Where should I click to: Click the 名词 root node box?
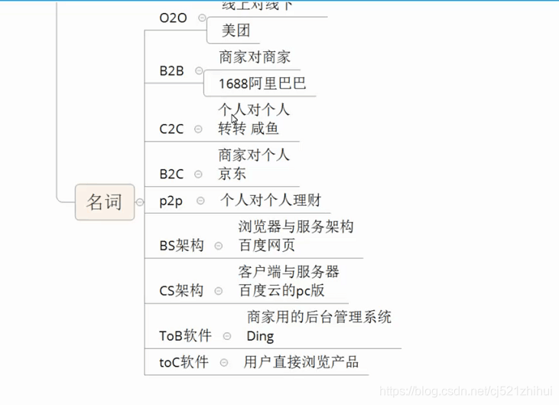(x=105, y=202)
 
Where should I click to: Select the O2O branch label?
(x=173, y=18)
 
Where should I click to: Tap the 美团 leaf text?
(x=236, y=31)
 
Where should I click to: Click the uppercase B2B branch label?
(x=172, y=71)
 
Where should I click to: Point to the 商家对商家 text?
(x=255, y=57)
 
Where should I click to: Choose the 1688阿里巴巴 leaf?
(x=262, y=83)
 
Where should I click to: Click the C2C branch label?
(x=172, y=129)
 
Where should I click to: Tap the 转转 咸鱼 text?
(x=249, y=129)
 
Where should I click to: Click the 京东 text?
(x=232, y=174)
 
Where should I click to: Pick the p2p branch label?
(x=171, y=201)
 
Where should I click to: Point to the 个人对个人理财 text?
(x=271, y=201)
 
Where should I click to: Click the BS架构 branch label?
(x=182, y=246)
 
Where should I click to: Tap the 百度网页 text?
(x=267, y=246)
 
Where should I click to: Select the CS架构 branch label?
(x=182, y=291)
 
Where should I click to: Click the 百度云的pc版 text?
(x=281, y=291)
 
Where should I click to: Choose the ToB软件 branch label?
(x=186, y=336)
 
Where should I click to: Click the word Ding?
(x=260, y=336)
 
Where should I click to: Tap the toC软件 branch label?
(x=184, y=362)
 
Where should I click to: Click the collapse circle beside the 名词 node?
(x=141, y=203)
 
